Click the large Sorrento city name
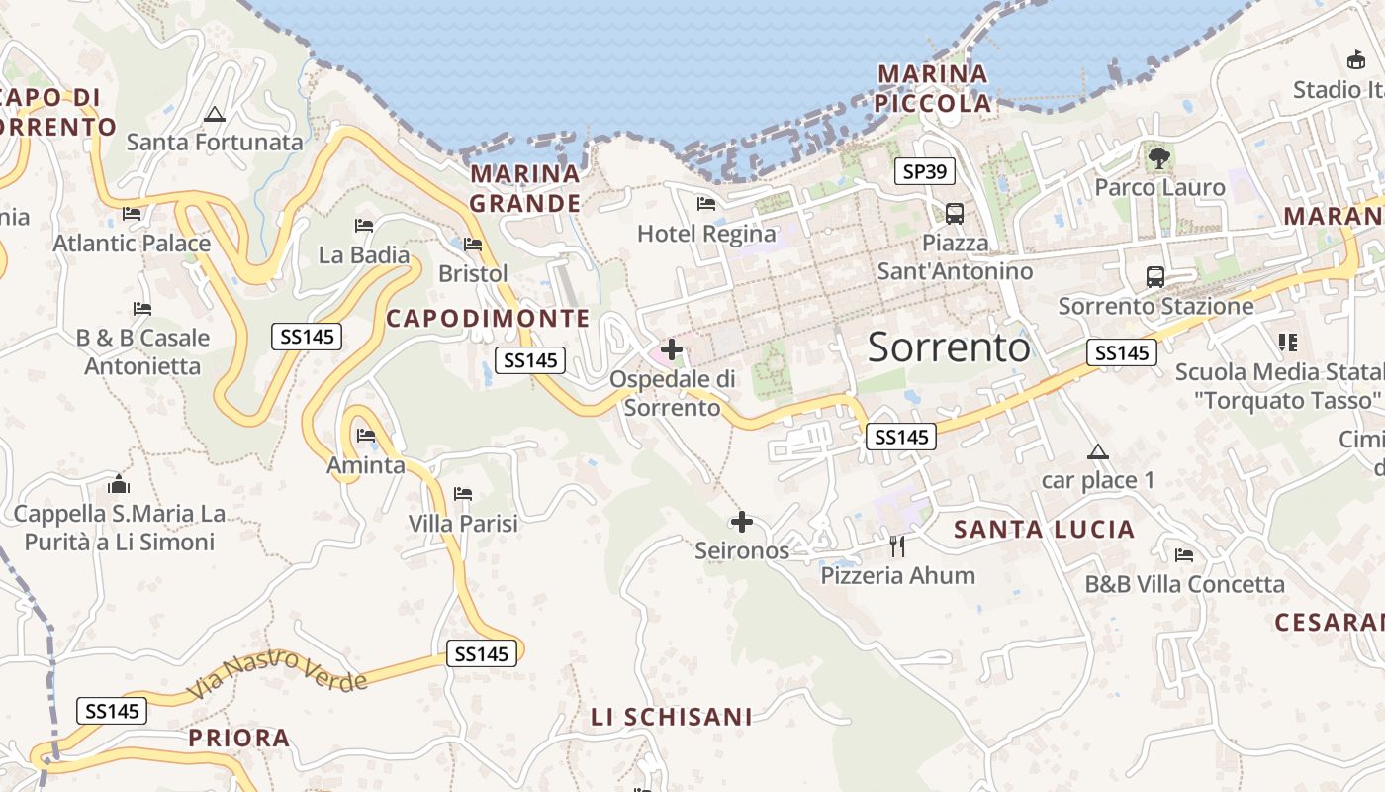click(x=949, y=347)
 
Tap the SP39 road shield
click(x=926, y=171)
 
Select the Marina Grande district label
click(x=524, y=188)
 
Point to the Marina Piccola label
click(x=934, y=88)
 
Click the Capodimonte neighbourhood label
click(x=488, y=318)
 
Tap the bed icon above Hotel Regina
click(x=706, y=204)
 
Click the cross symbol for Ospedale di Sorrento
click(x=672, y=348)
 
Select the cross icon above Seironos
click(x=742, y=522)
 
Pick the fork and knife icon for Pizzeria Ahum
click(x=897, y=545)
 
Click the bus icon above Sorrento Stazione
click(x=1154, y=277)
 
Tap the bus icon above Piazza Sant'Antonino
click(x=955, y=213)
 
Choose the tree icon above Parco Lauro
click(x=1158, y=157)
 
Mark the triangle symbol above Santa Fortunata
click(x=215, y=114)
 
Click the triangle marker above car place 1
click(x=1097, y=452)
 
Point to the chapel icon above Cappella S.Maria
click(x=119, y=484)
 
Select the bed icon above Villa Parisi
click(x=463, y=493)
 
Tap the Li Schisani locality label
click(x=672, y=717)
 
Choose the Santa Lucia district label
click(x=1044, y=530)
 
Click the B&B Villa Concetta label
click(x=1185, y=584)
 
